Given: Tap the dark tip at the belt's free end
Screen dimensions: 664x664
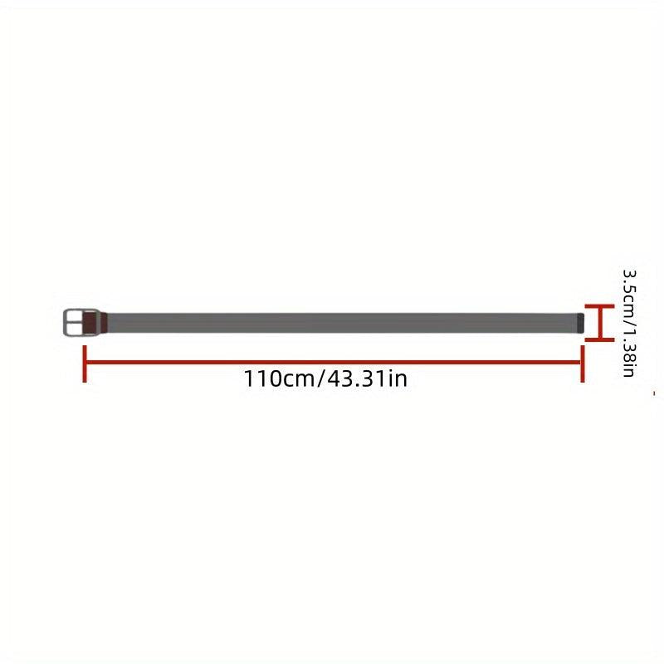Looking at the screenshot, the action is coord(580,323).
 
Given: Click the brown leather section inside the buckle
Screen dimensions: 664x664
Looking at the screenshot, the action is coord(90,323).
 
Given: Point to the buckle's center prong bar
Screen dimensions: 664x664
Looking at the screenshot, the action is coord(75,323).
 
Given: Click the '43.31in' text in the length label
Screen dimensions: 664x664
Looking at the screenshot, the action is coord(368,378).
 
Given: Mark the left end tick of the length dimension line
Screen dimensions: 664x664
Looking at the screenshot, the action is coord(85,364).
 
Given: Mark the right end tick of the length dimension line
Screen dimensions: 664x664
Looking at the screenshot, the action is coord(583,364).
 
